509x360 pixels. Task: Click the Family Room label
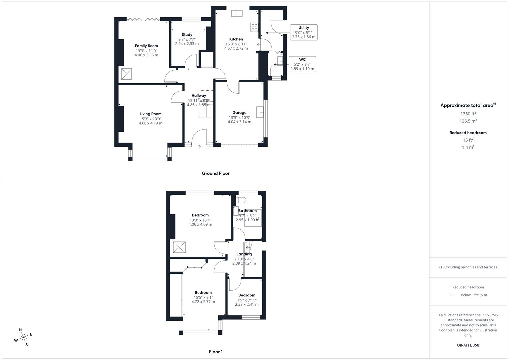click(146, 46)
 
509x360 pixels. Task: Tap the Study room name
click(187, 35)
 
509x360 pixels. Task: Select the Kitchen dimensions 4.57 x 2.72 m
click(236, 48)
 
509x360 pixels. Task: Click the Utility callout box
click(303, 32)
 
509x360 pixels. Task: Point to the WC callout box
click(302, 64)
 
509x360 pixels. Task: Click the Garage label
click(239, 113)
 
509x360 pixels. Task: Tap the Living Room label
click(151, 114)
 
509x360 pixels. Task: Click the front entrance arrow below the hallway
click(199, 146)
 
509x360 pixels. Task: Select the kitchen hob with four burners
click(255, 27)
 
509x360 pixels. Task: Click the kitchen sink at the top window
click(237, 13)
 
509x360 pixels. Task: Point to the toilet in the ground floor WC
click(273, 70)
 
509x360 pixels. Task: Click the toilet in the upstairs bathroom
click(241, 200)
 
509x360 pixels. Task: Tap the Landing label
click(244, 254)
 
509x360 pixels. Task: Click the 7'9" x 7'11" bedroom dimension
click(247, 300)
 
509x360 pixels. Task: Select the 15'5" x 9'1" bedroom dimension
click(203, 297)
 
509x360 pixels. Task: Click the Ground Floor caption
click(216, 173)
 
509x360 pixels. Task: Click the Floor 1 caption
click(216, 352)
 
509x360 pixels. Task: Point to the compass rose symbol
click(23, 337)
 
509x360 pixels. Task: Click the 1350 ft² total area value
click(468, 114)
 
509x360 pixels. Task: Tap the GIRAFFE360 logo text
click(468, 345)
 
